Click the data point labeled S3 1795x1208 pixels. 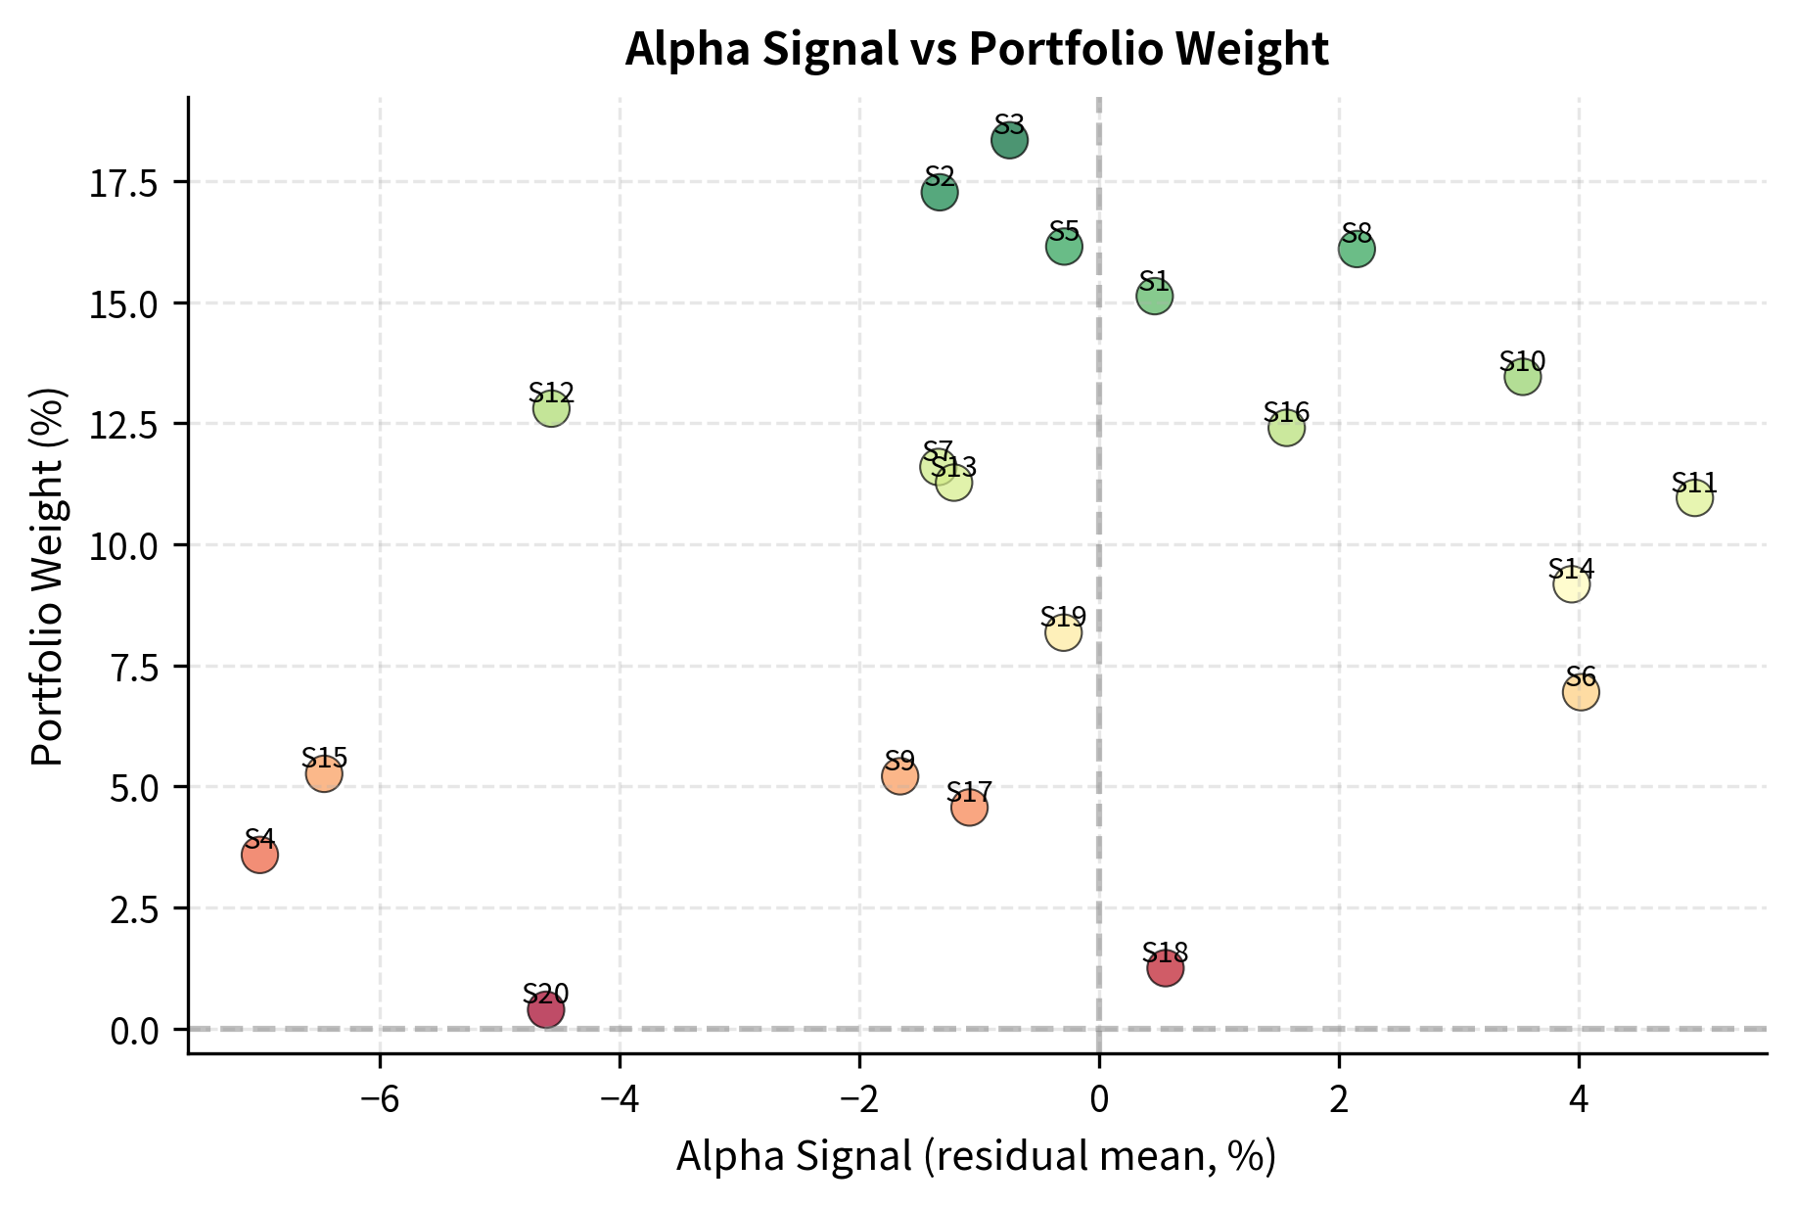pyautogui.click(x=1009, y=141)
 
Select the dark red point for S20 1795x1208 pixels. pyautogui.click(x=545, y=1009)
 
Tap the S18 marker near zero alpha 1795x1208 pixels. pyautogui.click(x=1166, y=968)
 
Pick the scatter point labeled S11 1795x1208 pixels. pyautogui.click(x=1694, y=498)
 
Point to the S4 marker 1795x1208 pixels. pyautogui.click(x=259, y=856)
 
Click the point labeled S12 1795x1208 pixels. pyautogui.click(x=551, y=408)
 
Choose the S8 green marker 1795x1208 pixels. pyautogui.click(x=1357, y=250)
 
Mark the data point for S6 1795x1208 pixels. pyautogui.click(x=1581, y=692)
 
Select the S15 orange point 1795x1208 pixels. pyautogui.click(x=324, y=774)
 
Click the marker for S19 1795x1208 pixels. pyautogui.click(x=1063, y=633)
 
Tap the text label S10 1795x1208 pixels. pyautogui.click(x=1522, y=361)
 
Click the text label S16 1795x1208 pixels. pyautogui.click(x=1286, y=412)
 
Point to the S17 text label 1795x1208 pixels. pyautogui.click(x=969, y=791)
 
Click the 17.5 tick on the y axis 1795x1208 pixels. pyautogui.click(x=122, y=183)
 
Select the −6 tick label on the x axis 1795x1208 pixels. pyautogui.click(x=380, y=1100)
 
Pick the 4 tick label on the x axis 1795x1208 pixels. pyautogui.click(x=1579, y=1100)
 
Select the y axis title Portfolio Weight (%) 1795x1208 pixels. pyautogui.click(x=47, y=578)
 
